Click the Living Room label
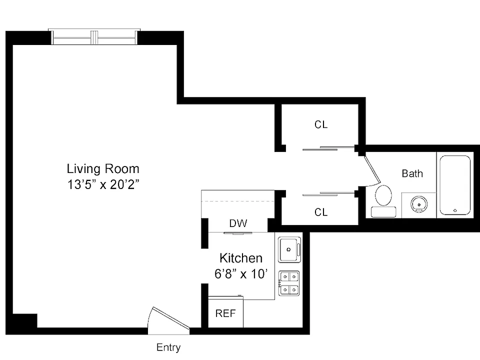pos(103,168)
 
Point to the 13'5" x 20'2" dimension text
pos(103,184)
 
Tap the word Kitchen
pos(241,258)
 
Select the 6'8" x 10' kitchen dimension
pos(241,274)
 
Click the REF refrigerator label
pos(225,313)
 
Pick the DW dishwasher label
pos(238,223)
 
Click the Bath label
pos(412,173)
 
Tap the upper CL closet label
pos(321,124)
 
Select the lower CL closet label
pos(321,212)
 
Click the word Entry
pos(168,347)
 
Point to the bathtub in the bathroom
pos(455,185)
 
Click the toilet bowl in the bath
pos(383,195)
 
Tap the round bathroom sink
pos(419,203)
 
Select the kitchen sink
pos(289,249)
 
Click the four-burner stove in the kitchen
pos(289,283)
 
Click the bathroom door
pos(372,170)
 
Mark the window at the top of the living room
pos(94,37)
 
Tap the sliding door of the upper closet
pos(328,149)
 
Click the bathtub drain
pos(455,210)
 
